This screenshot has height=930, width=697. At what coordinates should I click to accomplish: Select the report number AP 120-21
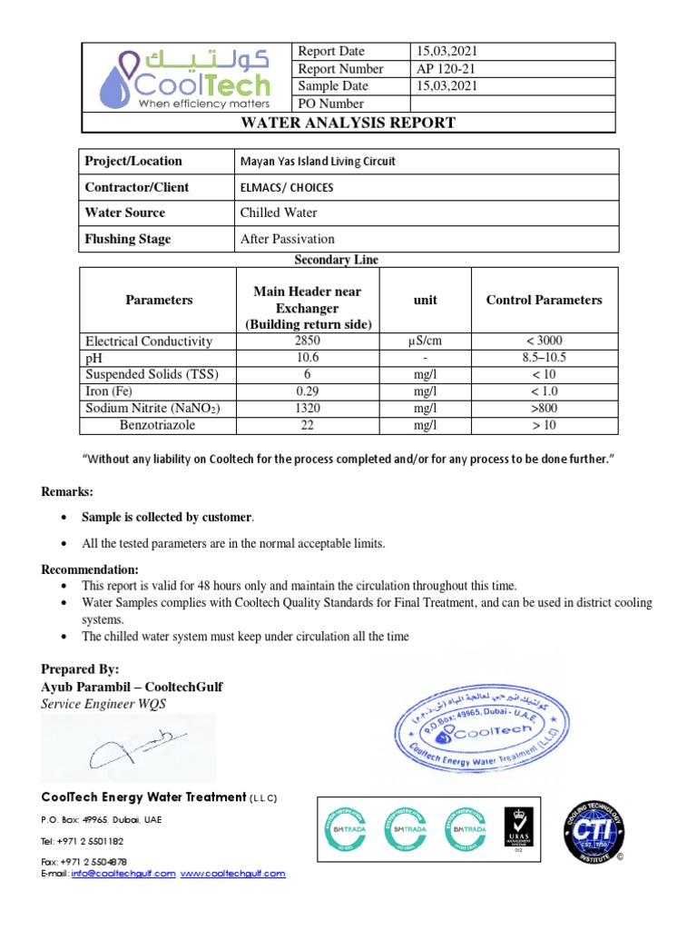point(444,69)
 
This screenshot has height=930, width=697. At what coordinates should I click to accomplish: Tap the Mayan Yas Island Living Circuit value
point(318,162)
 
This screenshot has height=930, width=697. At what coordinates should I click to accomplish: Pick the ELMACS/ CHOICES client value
point(286,187)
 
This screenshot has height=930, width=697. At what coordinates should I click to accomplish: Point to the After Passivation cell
point(288,239)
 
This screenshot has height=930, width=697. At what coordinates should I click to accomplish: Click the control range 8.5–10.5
point(544,358)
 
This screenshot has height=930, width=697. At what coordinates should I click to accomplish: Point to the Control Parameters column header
point(544,300)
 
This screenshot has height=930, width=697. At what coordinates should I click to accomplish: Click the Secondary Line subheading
point(336,260)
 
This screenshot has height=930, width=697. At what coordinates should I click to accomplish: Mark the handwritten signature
point(127,748)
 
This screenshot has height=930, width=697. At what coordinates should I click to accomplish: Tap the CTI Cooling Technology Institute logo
point(594,832)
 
